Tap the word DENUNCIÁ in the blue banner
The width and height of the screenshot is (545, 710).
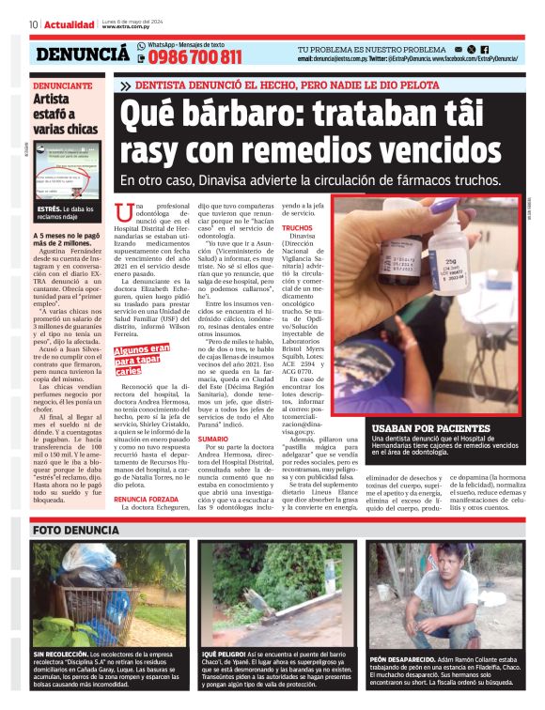click(x=82, y=54)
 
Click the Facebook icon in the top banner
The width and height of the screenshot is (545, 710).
click(x=485, y=48)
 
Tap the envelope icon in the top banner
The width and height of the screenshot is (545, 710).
click(x=457, y=48)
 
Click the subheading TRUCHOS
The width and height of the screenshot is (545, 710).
click(x=297, y=228)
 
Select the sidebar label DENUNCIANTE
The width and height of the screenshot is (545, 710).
click(x=63, y=85)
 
